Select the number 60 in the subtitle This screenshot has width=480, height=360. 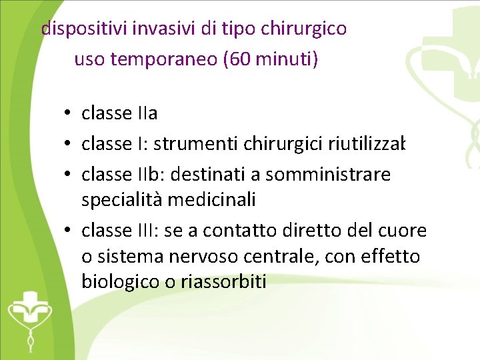pos(238,60)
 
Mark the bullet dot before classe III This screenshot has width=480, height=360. pos(69,231)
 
